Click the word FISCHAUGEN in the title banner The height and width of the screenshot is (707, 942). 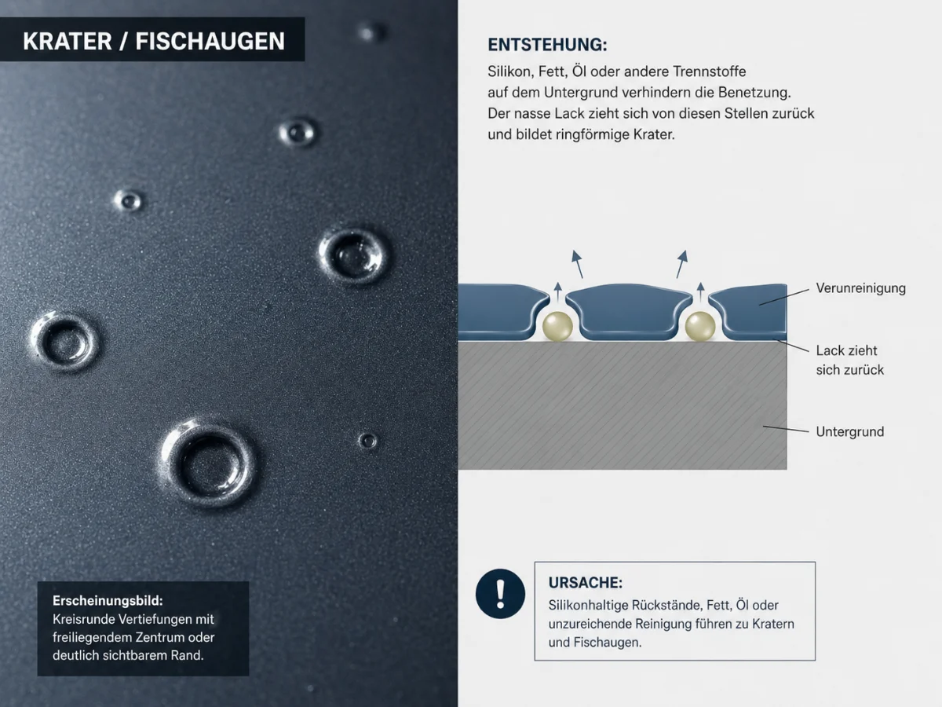(210, 41)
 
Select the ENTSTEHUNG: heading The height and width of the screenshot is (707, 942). (547, 45)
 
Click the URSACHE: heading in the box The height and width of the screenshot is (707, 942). (585, 583)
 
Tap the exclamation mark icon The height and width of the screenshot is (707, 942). (500, 594)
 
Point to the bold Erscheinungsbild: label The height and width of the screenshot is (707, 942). (107, 599)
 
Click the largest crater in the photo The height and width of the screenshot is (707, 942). (209, 463)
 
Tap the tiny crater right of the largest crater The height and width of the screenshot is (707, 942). (367, 441)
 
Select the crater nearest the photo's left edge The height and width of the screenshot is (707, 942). (64, 342)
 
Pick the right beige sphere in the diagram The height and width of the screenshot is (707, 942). (699, 326)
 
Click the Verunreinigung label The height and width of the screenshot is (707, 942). (860, 288)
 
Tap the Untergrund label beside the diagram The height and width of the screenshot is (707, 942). (849, 431)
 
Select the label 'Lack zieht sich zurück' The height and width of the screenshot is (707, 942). (849, 360)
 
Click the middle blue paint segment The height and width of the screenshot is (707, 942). (628, 310)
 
